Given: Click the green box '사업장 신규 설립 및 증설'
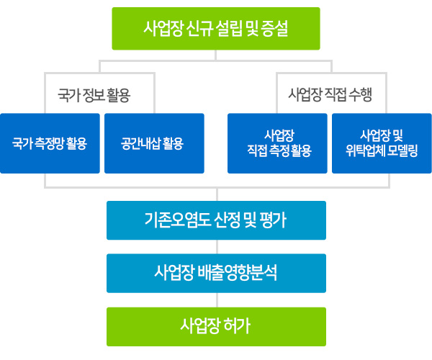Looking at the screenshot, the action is click(216, 29).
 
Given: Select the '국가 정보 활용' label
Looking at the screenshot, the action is click(94, 95).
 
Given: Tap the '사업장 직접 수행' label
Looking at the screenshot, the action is click(330, 94).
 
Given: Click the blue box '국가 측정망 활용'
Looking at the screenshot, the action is click(50, 143).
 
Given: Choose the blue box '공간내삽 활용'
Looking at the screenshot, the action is click(154, 143).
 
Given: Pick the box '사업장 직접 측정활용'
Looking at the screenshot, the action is click(277, 143).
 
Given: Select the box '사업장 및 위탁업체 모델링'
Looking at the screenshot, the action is click(382, 143).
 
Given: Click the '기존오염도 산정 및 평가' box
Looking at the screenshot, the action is click(216, 220).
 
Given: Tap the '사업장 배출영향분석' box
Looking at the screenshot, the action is click(216, 273).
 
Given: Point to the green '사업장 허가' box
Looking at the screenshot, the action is click(216, 327).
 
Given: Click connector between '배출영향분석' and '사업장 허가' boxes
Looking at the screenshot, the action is click(217, 300).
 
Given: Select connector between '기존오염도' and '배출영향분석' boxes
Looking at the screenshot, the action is click(217, 247).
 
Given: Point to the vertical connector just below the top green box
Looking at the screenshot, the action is click(216, 55).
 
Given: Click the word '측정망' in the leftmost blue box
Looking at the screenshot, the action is click(47, 143).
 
